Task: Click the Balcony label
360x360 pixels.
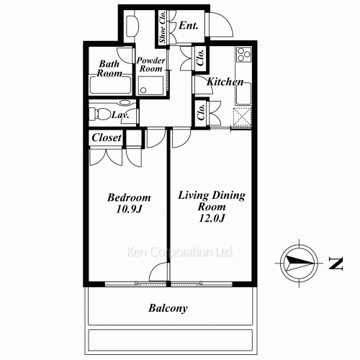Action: [x=168, y=309]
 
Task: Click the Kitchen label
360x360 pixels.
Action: [x=225, y=83]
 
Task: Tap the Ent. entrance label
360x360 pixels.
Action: [x=189, y=26]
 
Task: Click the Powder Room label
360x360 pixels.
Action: [x=152, y=66]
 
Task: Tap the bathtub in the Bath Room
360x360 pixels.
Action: [x=110, y=86]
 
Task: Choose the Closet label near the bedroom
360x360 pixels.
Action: [x=107, y=137]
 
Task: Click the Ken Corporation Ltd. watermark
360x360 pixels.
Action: [x=180, y=253]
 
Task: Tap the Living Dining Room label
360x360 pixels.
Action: [x=212, y=200]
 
